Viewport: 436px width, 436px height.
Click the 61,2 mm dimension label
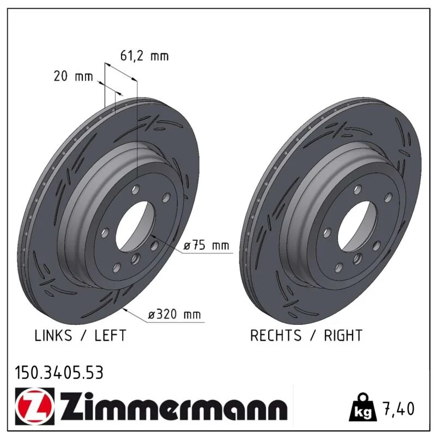[x=144, y=56]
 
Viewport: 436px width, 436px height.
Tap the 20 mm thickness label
[x=73, y=76]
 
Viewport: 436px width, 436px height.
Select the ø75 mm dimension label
[x=207, y=245]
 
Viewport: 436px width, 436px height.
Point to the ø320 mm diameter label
[x=174, y=314]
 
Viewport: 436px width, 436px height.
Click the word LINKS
[x=53, y=335]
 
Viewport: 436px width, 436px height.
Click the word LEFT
[x=111, y=335]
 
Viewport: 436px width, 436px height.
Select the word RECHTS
[x=276, y=335]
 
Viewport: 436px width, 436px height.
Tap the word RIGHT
[x=343, y=335]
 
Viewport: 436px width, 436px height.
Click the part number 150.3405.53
[x=59, y=373]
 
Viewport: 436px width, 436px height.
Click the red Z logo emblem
[x=35, y=406]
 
